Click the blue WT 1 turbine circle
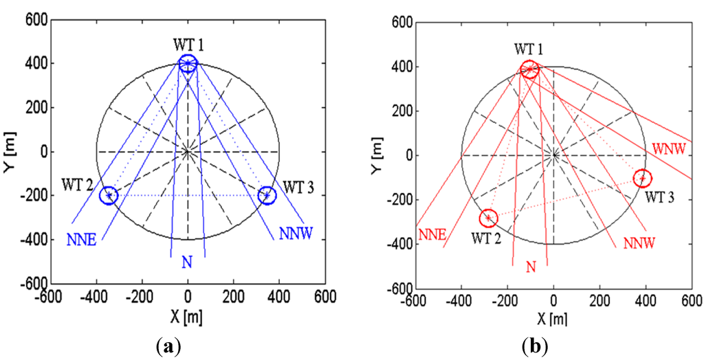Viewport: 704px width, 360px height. click(x=188, y=64)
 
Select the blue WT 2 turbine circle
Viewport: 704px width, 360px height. click(x=109, y=195)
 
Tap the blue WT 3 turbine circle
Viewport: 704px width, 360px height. click(x=267, y=195)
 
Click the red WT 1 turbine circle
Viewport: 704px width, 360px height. click(x=529, y=69)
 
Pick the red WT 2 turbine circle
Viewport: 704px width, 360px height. click(x=488, y=218)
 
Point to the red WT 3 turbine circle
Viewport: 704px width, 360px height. click(x=642, y=178)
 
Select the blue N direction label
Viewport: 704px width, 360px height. click(x=187, y=261)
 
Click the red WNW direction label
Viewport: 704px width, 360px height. click(x=669, y=148)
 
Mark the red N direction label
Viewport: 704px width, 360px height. click(x=530, y=267)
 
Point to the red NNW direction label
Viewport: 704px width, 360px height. click(x=639, y=243)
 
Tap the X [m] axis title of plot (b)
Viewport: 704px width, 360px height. click(x=553, y=318)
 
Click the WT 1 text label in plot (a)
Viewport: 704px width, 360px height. click(x=188, y=45)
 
